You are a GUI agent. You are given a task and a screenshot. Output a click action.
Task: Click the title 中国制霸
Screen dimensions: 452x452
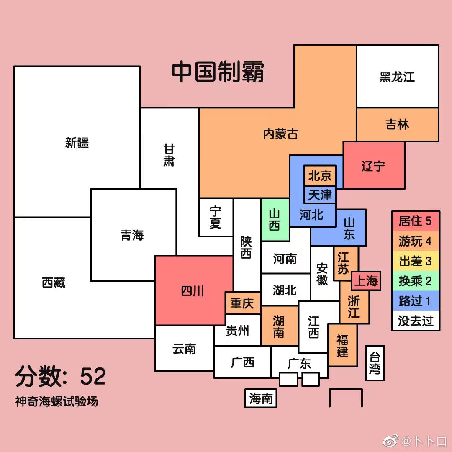tap(218, 72)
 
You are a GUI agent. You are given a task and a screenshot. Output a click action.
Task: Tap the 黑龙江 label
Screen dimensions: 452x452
tap(397, 77)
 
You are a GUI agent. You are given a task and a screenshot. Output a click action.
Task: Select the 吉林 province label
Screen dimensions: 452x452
tap(397, 124)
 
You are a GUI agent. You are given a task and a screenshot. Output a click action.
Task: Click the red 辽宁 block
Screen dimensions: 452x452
tap(373, 166)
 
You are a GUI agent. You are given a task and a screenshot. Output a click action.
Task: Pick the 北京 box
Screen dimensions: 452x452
tap(320, 176)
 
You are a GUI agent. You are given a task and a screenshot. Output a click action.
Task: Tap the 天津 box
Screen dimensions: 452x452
tap(320, 195)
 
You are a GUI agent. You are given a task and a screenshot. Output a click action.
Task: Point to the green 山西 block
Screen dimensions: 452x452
tap(275, 220)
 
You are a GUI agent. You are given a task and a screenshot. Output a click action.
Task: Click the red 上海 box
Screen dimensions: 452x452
tap(366, 281)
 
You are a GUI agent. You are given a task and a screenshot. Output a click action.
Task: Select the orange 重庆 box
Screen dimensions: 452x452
tap(242, 303)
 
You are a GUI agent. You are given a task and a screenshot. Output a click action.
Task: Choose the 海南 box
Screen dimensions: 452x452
tap(261, 398)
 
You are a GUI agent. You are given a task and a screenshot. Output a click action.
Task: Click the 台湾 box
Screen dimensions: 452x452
tap(375, 363)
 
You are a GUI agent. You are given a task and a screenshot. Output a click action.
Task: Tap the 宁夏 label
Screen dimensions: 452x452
tap(216, 217)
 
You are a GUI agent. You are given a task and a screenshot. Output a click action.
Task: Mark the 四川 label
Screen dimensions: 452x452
tap(193, 291)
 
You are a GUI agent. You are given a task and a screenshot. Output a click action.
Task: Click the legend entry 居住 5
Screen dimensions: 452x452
tap(415, 221)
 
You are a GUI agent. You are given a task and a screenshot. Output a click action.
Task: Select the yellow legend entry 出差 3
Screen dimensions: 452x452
tap(415, 261)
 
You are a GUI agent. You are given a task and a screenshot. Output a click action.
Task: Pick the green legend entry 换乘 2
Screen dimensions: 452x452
tap(415, 281)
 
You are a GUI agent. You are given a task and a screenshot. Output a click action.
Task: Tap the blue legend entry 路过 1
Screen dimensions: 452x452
tap(415, 301)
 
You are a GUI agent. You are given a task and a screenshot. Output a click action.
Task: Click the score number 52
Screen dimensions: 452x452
tap(93, 377)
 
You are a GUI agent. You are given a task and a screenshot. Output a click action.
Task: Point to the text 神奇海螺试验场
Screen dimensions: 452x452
tap(56, 402)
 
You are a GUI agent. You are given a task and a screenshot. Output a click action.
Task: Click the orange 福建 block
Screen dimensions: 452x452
tap(342, 345)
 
